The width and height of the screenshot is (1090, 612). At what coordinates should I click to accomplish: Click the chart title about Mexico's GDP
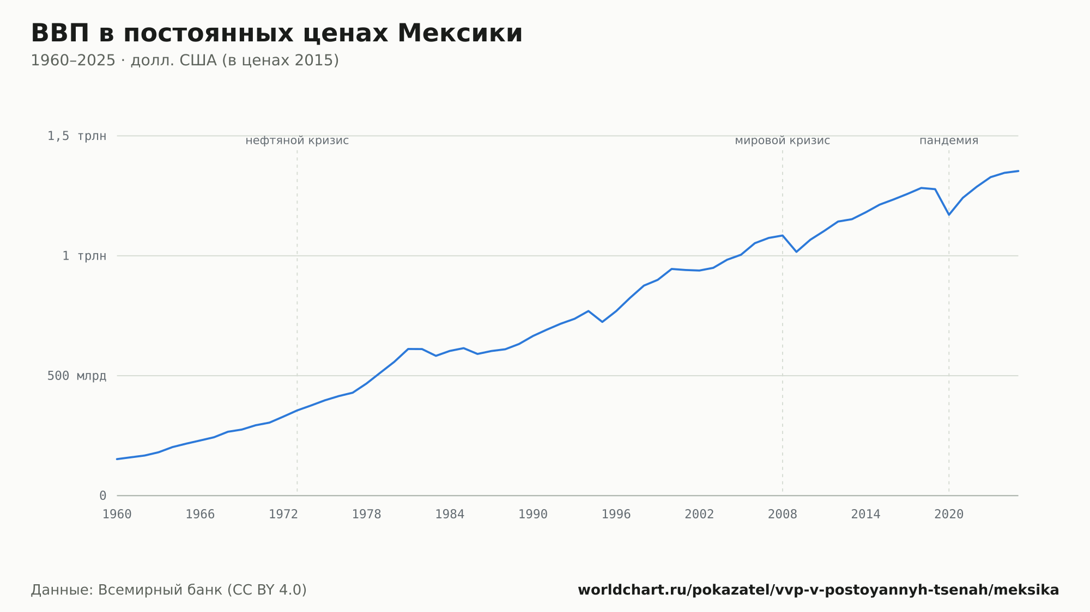pyautogui.click(x=276, y=33)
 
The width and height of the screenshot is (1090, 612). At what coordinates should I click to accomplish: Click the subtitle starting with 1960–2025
pyautogui.click(x=185, y=60)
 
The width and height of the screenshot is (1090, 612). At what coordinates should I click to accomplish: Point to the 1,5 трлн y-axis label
pyautogui.click(x=77, y=136)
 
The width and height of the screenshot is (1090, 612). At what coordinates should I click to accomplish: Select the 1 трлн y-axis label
pyautogui.click(x=84, y=256)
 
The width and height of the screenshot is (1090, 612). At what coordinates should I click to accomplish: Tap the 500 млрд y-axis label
pyautogui.click(x=77, y=376)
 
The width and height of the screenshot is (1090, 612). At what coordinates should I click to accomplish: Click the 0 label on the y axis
pyautogui.click(x=103, y=495)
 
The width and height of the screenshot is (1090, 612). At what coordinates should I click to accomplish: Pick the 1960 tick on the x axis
pyautogui.click(x=117, y=515)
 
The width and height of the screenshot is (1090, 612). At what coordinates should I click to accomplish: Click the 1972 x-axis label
pyautogui.click(x=283, y=515)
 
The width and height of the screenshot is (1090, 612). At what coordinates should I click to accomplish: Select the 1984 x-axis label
pyautogui.click(x=450, y=515)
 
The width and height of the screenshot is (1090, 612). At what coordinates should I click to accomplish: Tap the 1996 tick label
pyautogui.click(x=616, y=515)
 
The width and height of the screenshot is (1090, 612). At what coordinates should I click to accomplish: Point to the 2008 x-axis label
pyautogui.click(x=783, y=515)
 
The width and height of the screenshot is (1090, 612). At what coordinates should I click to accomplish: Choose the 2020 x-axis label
pyautogui.click(x=949, y=515)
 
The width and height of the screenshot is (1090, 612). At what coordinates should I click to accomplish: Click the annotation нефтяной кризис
pyautogui.click(x=297, y=140)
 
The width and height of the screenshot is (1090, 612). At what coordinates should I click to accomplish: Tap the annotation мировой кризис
pyautogui.click(x=783, y=140)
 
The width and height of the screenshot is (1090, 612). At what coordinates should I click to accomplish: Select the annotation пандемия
pyautogui.click(x=949, y=140)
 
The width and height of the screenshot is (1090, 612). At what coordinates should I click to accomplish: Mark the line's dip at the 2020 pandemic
pyautogui.click(x=949, y=215)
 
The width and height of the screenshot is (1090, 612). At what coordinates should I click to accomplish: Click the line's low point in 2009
pyautogui.click(x=796, y=252)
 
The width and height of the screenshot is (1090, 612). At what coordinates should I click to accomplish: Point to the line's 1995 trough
pyautogui.click(x=602, y=322)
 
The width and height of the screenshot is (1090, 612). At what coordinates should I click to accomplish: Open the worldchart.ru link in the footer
pyautogui.click(x=819, y=590)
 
